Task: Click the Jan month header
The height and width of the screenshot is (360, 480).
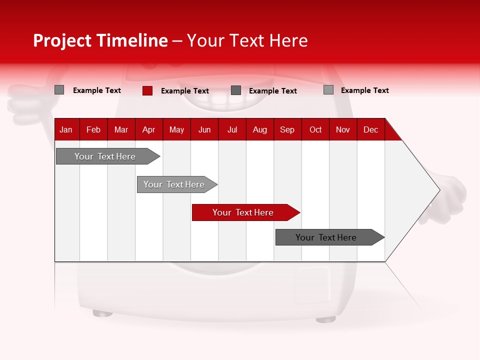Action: click(x=66, y=129)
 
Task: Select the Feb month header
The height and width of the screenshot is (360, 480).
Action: click(x=93, y=129)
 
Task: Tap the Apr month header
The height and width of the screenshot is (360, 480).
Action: click(x=148, y=129)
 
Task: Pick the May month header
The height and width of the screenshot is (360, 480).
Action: click(x=176, y=129)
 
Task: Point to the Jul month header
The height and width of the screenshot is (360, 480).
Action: click(x=232, y=129)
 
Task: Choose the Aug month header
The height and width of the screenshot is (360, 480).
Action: click(x=260, y=129)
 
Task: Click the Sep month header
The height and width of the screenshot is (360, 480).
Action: click(x=287, y=129)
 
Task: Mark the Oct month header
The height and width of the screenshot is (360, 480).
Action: click(x=315, y=129)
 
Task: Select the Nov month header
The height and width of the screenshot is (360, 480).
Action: click(x=343, y=129)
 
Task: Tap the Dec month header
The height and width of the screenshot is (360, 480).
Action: click(x=370, y=129)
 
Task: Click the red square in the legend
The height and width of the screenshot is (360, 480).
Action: click(x=147, y=90)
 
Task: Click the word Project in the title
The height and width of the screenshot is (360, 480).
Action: click(x=62, y=40)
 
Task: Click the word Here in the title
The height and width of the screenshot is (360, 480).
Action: click(x=288, y=40)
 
